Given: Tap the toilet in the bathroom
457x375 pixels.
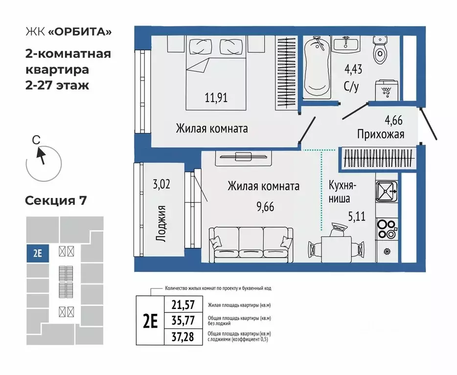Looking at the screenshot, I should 381,52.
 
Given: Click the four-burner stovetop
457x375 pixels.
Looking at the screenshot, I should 387,226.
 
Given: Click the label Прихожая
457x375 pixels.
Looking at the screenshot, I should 380,134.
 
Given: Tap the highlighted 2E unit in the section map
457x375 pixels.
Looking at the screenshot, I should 37,254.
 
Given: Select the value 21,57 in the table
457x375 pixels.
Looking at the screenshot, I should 183,305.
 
